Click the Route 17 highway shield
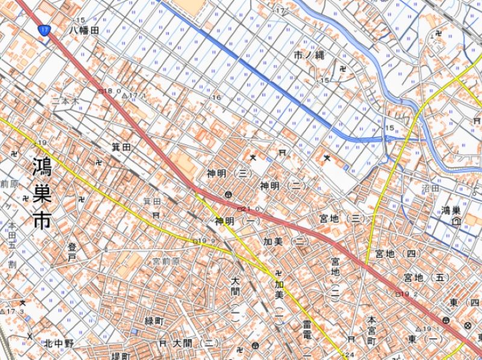point(43,29)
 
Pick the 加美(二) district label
point(286,241)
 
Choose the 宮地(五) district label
point(426,278)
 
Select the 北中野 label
point(59,344)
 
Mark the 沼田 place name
point(430,188)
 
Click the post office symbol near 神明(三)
point(228,194)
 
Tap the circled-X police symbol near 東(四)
point(468,326)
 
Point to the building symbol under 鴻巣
point(455,221)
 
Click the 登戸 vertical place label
point(72,252)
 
